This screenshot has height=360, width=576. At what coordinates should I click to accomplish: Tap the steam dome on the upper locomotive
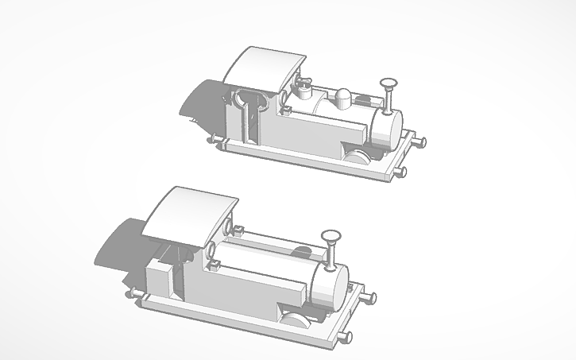tap(342, 98)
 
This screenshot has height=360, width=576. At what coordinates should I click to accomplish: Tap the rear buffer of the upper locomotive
tap(212, 140)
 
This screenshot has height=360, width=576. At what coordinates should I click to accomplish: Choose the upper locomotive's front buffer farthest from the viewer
tap(420, 142)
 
